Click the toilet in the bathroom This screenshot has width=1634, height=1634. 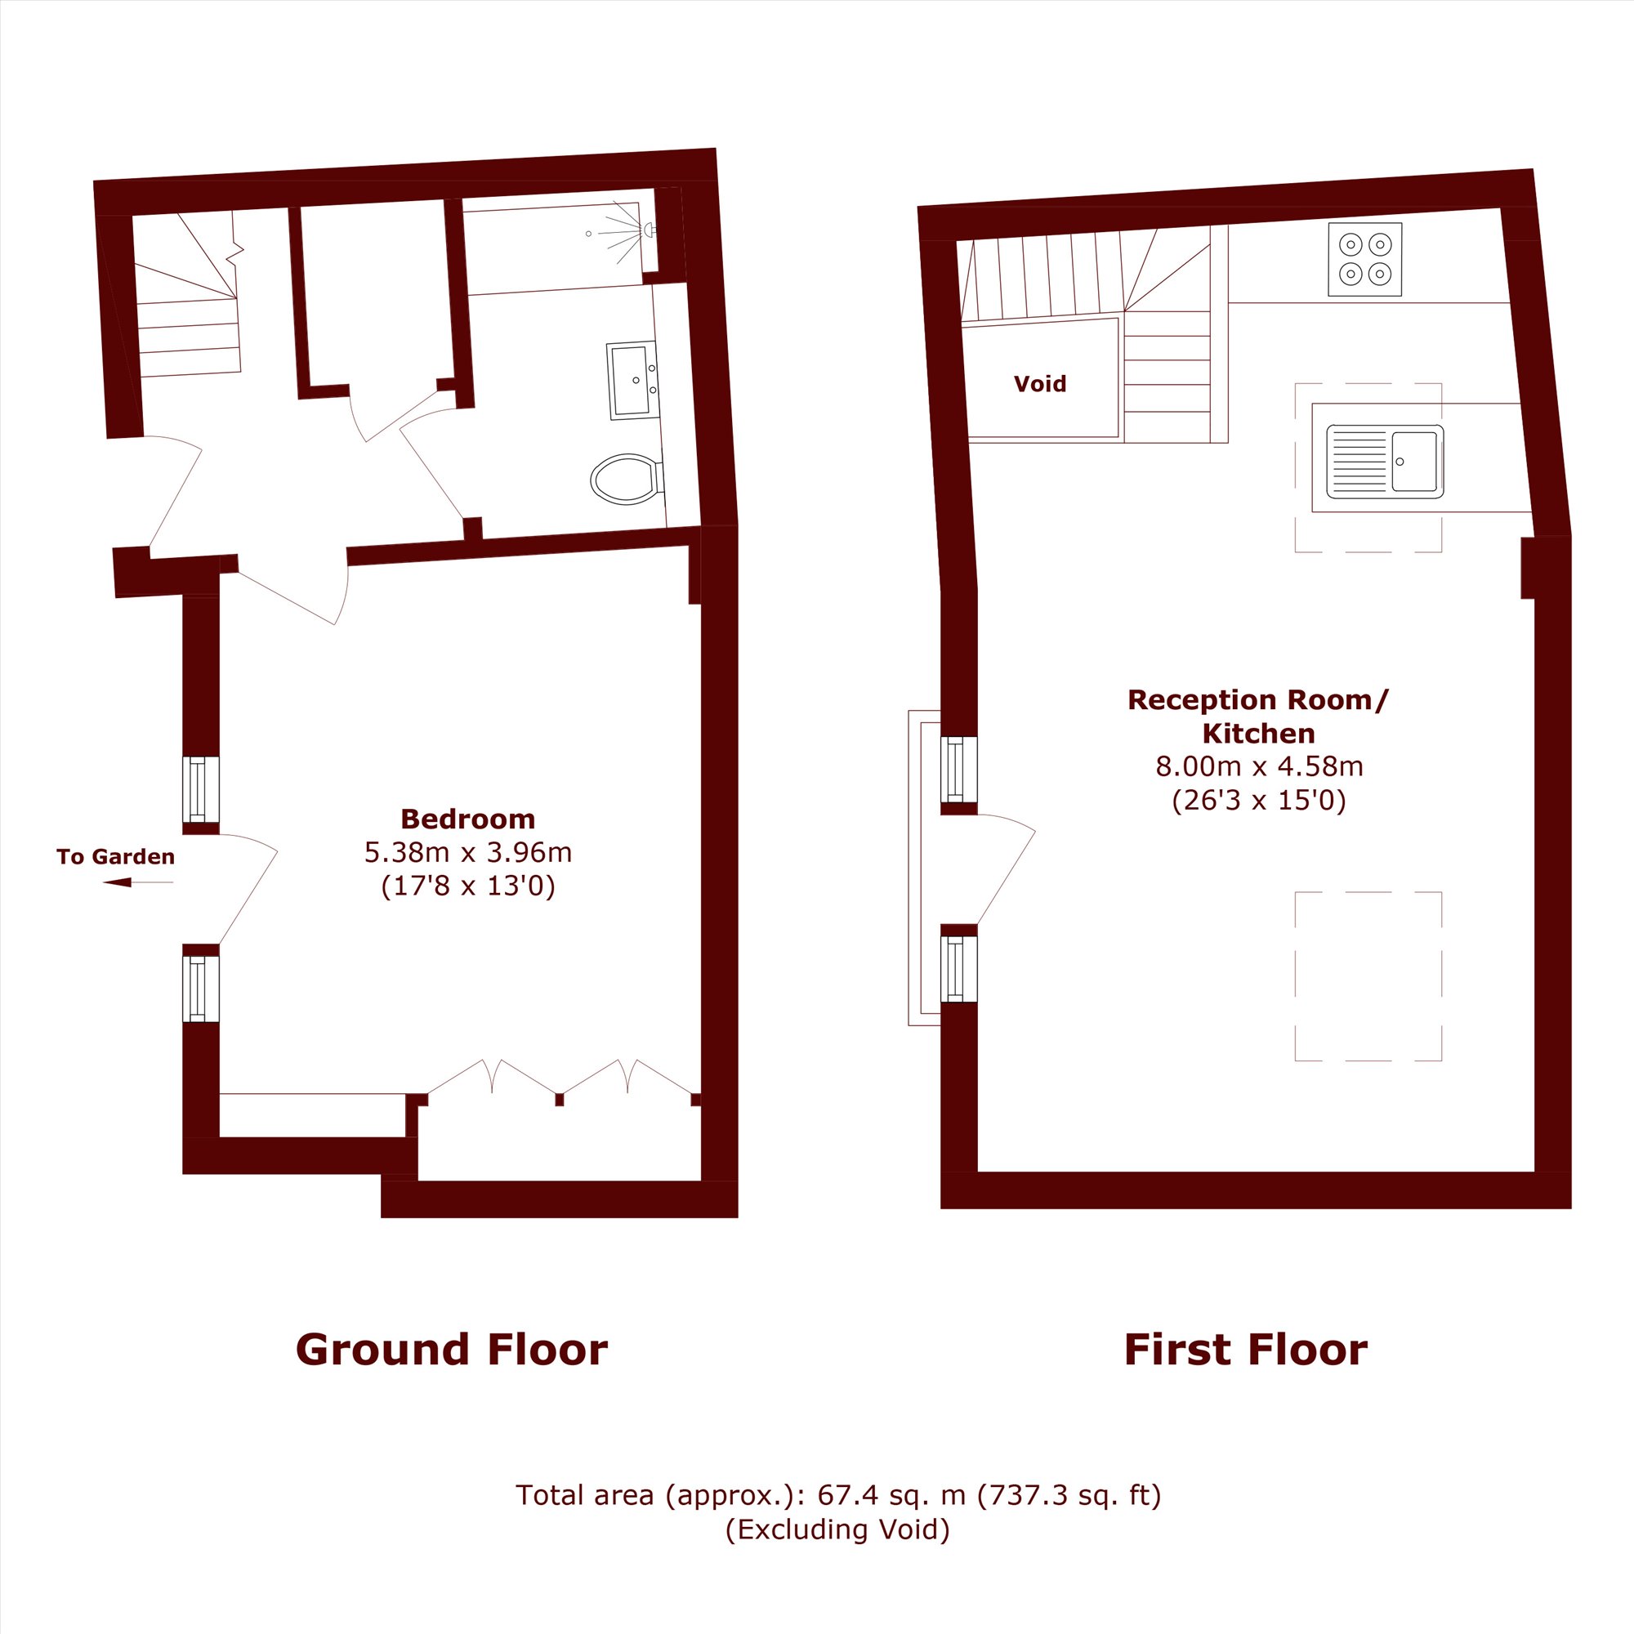click(627, 480)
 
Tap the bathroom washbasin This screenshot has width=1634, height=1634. click(632, 381)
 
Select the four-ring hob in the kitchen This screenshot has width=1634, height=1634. click(1365, 259)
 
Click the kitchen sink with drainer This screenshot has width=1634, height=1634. click(1385, 461)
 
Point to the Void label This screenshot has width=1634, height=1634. click(1039, 384)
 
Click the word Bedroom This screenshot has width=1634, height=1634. click(467, 819)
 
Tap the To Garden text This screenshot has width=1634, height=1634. click(116, 857)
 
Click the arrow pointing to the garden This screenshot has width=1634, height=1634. click(138, 883)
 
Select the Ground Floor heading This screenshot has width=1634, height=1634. click(452, 1350)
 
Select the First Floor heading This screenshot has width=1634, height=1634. click(1246, 1350)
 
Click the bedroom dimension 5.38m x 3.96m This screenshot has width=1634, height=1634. click(467, 852)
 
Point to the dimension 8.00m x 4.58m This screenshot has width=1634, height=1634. click(1259, 766)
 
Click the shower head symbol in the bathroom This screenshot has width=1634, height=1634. click(649, 230)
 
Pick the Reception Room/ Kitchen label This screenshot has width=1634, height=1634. click(1258, 717)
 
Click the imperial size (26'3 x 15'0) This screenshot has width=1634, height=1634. click(1259, 800)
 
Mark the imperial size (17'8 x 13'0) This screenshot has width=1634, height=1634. click(467, 886)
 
